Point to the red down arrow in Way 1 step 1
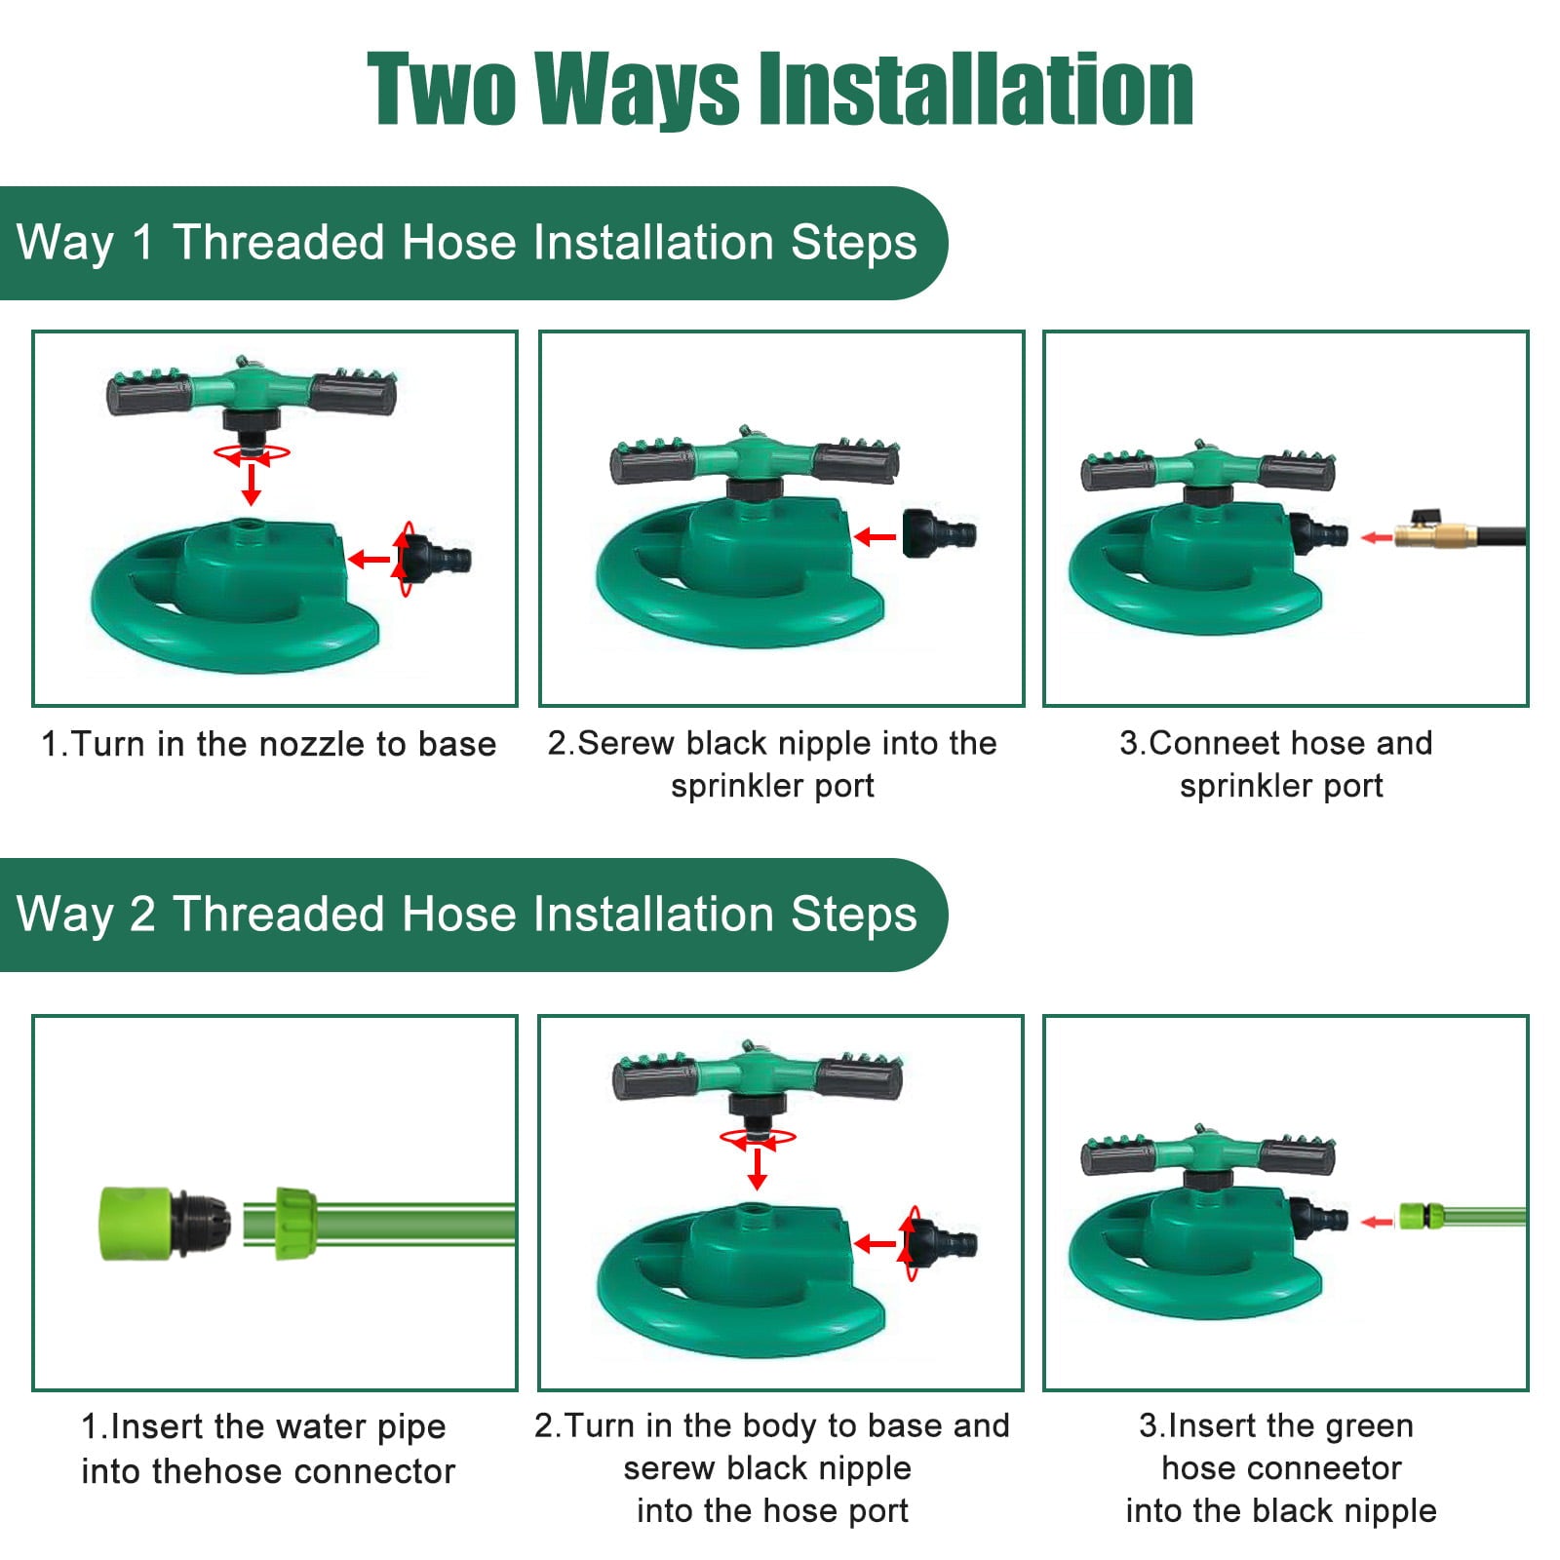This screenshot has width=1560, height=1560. pos(252,484)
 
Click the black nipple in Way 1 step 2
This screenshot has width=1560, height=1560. pos(936,533)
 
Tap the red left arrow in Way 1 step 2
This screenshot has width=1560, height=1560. pos(876,536)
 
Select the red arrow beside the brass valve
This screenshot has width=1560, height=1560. pos(1376,537)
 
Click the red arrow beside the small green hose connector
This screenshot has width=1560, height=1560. pos(1376,1222)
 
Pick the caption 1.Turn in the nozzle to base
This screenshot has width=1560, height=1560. pos(268,744)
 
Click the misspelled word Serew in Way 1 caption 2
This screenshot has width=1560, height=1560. pos(627,743)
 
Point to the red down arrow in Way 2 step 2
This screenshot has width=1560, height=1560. pos(757,1168)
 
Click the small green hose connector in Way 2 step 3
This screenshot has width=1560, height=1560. pos(1421,1216)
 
